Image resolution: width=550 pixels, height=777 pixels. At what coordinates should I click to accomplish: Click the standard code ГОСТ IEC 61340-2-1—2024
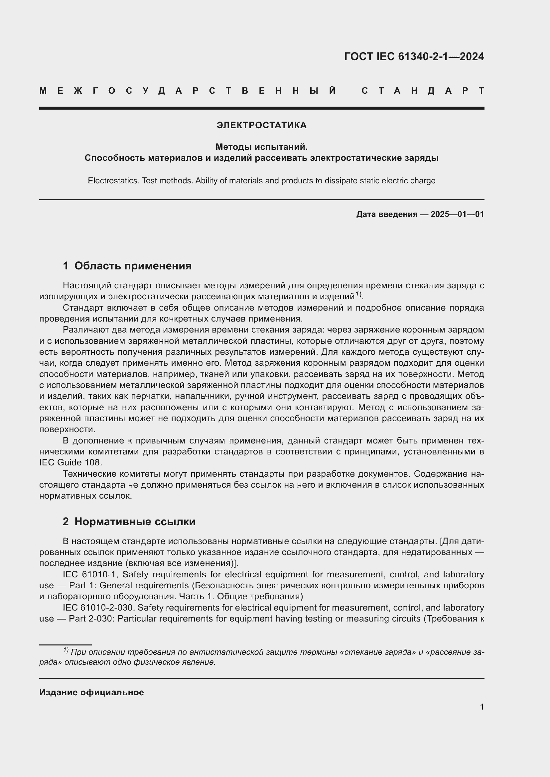[x=414, y=56]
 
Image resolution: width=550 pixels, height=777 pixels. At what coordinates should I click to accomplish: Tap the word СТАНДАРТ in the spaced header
[x=423, y=91]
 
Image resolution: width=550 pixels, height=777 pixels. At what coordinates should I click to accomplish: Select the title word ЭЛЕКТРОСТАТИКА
[x=261, y=125]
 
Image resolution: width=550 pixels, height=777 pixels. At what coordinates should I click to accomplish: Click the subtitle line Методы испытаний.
[x=261, y=147]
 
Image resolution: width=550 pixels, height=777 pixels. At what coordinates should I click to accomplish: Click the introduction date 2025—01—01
[x=457, y=214]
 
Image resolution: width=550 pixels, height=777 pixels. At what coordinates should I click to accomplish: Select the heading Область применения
[x=133, y=266]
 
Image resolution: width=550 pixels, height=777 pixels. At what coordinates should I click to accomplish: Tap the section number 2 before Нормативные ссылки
[x=66, y=522]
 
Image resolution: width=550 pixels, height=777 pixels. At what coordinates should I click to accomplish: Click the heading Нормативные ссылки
[x=135, y=522]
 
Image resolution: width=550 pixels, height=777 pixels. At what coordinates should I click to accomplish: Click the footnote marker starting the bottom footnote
[x=66, y=650]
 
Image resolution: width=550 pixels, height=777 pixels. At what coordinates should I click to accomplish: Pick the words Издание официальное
[x=91, y=692]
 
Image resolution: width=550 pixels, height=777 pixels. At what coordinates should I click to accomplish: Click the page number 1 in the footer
[x=481, y=707]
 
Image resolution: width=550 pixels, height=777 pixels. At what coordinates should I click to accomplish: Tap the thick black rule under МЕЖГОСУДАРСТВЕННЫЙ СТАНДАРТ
[x=261, y=108]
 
